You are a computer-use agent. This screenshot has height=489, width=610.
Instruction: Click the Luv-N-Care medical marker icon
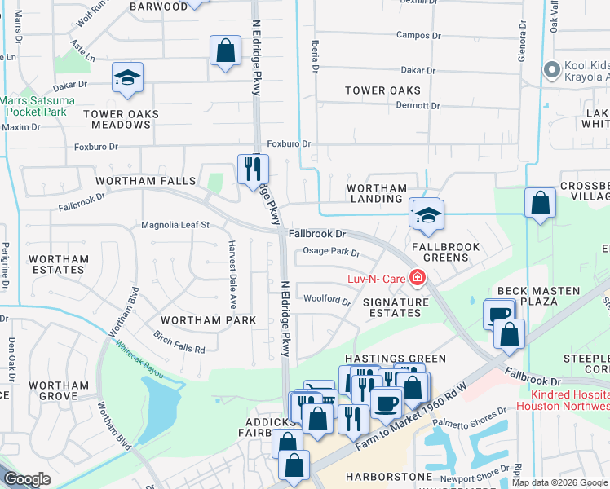418,279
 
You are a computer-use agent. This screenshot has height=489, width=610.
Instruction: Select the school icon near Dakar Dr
127,77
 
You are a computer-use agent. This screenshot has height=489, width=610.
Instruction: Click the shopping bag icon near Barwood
225,51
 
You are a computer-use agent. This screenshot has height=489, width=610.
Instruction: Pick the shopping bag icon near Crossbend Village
540,203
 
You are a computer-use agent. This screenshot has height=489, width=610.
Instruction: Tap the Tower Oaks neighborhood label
382,90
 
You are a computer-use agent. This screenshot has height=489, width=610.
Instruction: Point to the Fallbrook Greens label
440,251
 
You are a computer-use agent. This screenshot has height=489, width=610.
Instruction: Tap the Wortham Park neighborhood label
208,320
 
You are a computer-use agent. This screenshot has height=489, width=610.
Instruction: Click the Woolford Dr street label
327,300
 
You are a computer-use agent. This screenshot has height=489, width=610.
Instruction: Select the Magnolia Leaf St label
175,224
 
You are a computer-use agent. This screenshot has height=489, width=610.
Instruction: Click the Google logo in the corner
28,479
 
